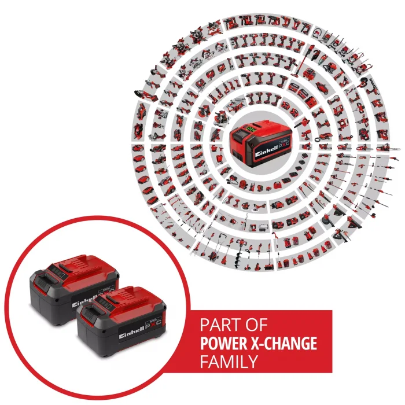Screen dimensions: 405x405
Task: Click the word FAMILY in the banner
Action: coord(229,362)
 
